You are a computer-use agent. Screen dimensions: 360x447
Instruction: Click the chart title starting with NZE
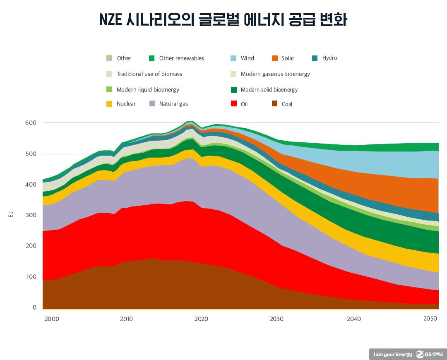pyautogui.click(x=223, y=19)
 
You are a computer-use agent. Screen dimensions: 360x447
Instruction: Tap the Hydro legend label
pyautogui.click(x=329, y=58)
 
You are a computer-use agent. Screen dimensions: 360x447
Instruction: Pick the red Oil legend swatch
pyautogui.click(x=233, y=104)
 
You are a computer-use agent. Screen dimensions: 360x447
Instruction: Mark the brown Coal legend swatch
pyautogui.click(x=274, y=104)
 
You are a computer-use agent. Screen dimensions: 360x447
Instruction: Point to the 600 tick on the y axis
pyautogui.click(x=31, y=123)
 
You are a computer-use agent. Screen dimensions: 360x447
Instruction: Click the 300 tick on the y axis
pyautogui.click(x=31, y=215)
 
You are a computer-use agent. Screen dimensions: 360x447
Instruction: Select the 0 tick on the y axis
pyautogui.click(x=34, y=307)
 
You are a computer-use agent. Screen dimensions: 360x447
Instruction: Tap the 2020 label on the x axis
pyautogui.click(x=201, y=319)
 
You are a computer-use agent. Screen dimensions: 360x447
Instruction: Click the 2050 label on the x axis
pyautogui.click(x=430, y=319)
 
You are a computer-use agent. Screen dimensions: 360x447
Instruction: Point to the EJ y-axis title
pyautogui.click(x=11, y=214)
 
